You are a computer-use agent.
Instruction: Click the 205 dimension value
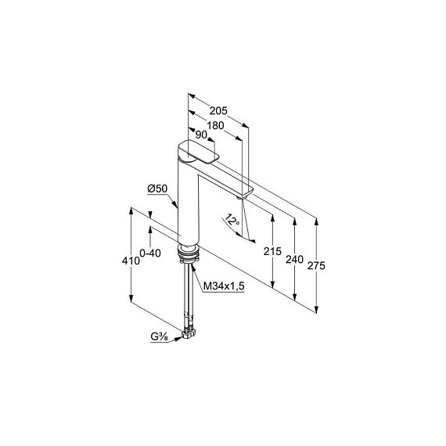click(218, 110)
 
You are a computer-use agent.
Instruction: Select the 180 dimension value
click(215, 125)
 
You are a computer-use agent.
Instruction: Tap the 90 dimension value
click(201, 135)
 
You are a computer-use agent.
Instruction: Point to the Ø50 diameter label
click(157, 189)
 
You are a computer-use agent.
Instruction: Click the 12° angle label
click(232, 220)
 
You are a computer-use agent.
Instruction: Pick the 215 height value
click(272, 251)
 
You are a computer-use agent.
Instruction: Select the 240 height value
click(294, 260)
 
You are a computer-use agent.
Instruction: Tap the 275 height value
click(316, 266)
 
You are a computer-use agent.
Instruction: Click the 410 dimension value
click(131, 261)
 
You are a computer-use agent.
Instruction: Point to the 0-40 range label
click(150, 253)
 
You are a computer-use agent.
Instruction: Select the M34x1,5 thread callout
click(224, 286)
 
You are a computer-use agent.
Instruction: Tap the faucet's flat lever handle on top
click(199, 152)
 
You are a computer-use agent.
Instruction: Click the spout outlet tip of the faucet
click(241, 197)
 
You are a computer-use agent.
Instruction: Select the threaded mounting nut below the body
click(188, 253)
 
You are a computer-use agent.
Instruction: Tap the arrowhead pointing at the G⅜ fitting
click(178, 338)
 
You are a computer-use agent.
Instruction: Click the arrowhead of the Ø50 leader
click(174, 204)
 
